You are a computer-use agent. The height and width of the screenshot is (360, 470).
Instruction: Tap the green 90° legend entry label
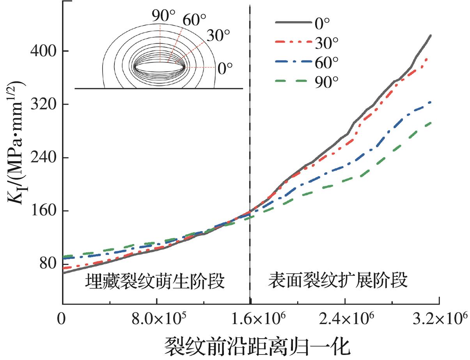(x=327, y=81)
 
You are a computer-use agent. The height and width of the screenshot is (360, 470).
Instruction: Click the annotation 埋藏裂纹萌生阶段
(x=155, y=281)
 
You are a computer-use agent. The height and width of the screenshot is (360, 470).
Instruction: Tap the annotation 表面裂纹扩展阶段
(x=338, y=280)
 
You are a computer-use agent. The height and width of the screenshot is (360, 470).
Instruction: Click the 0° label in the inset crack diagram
(x=225, y=69)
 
